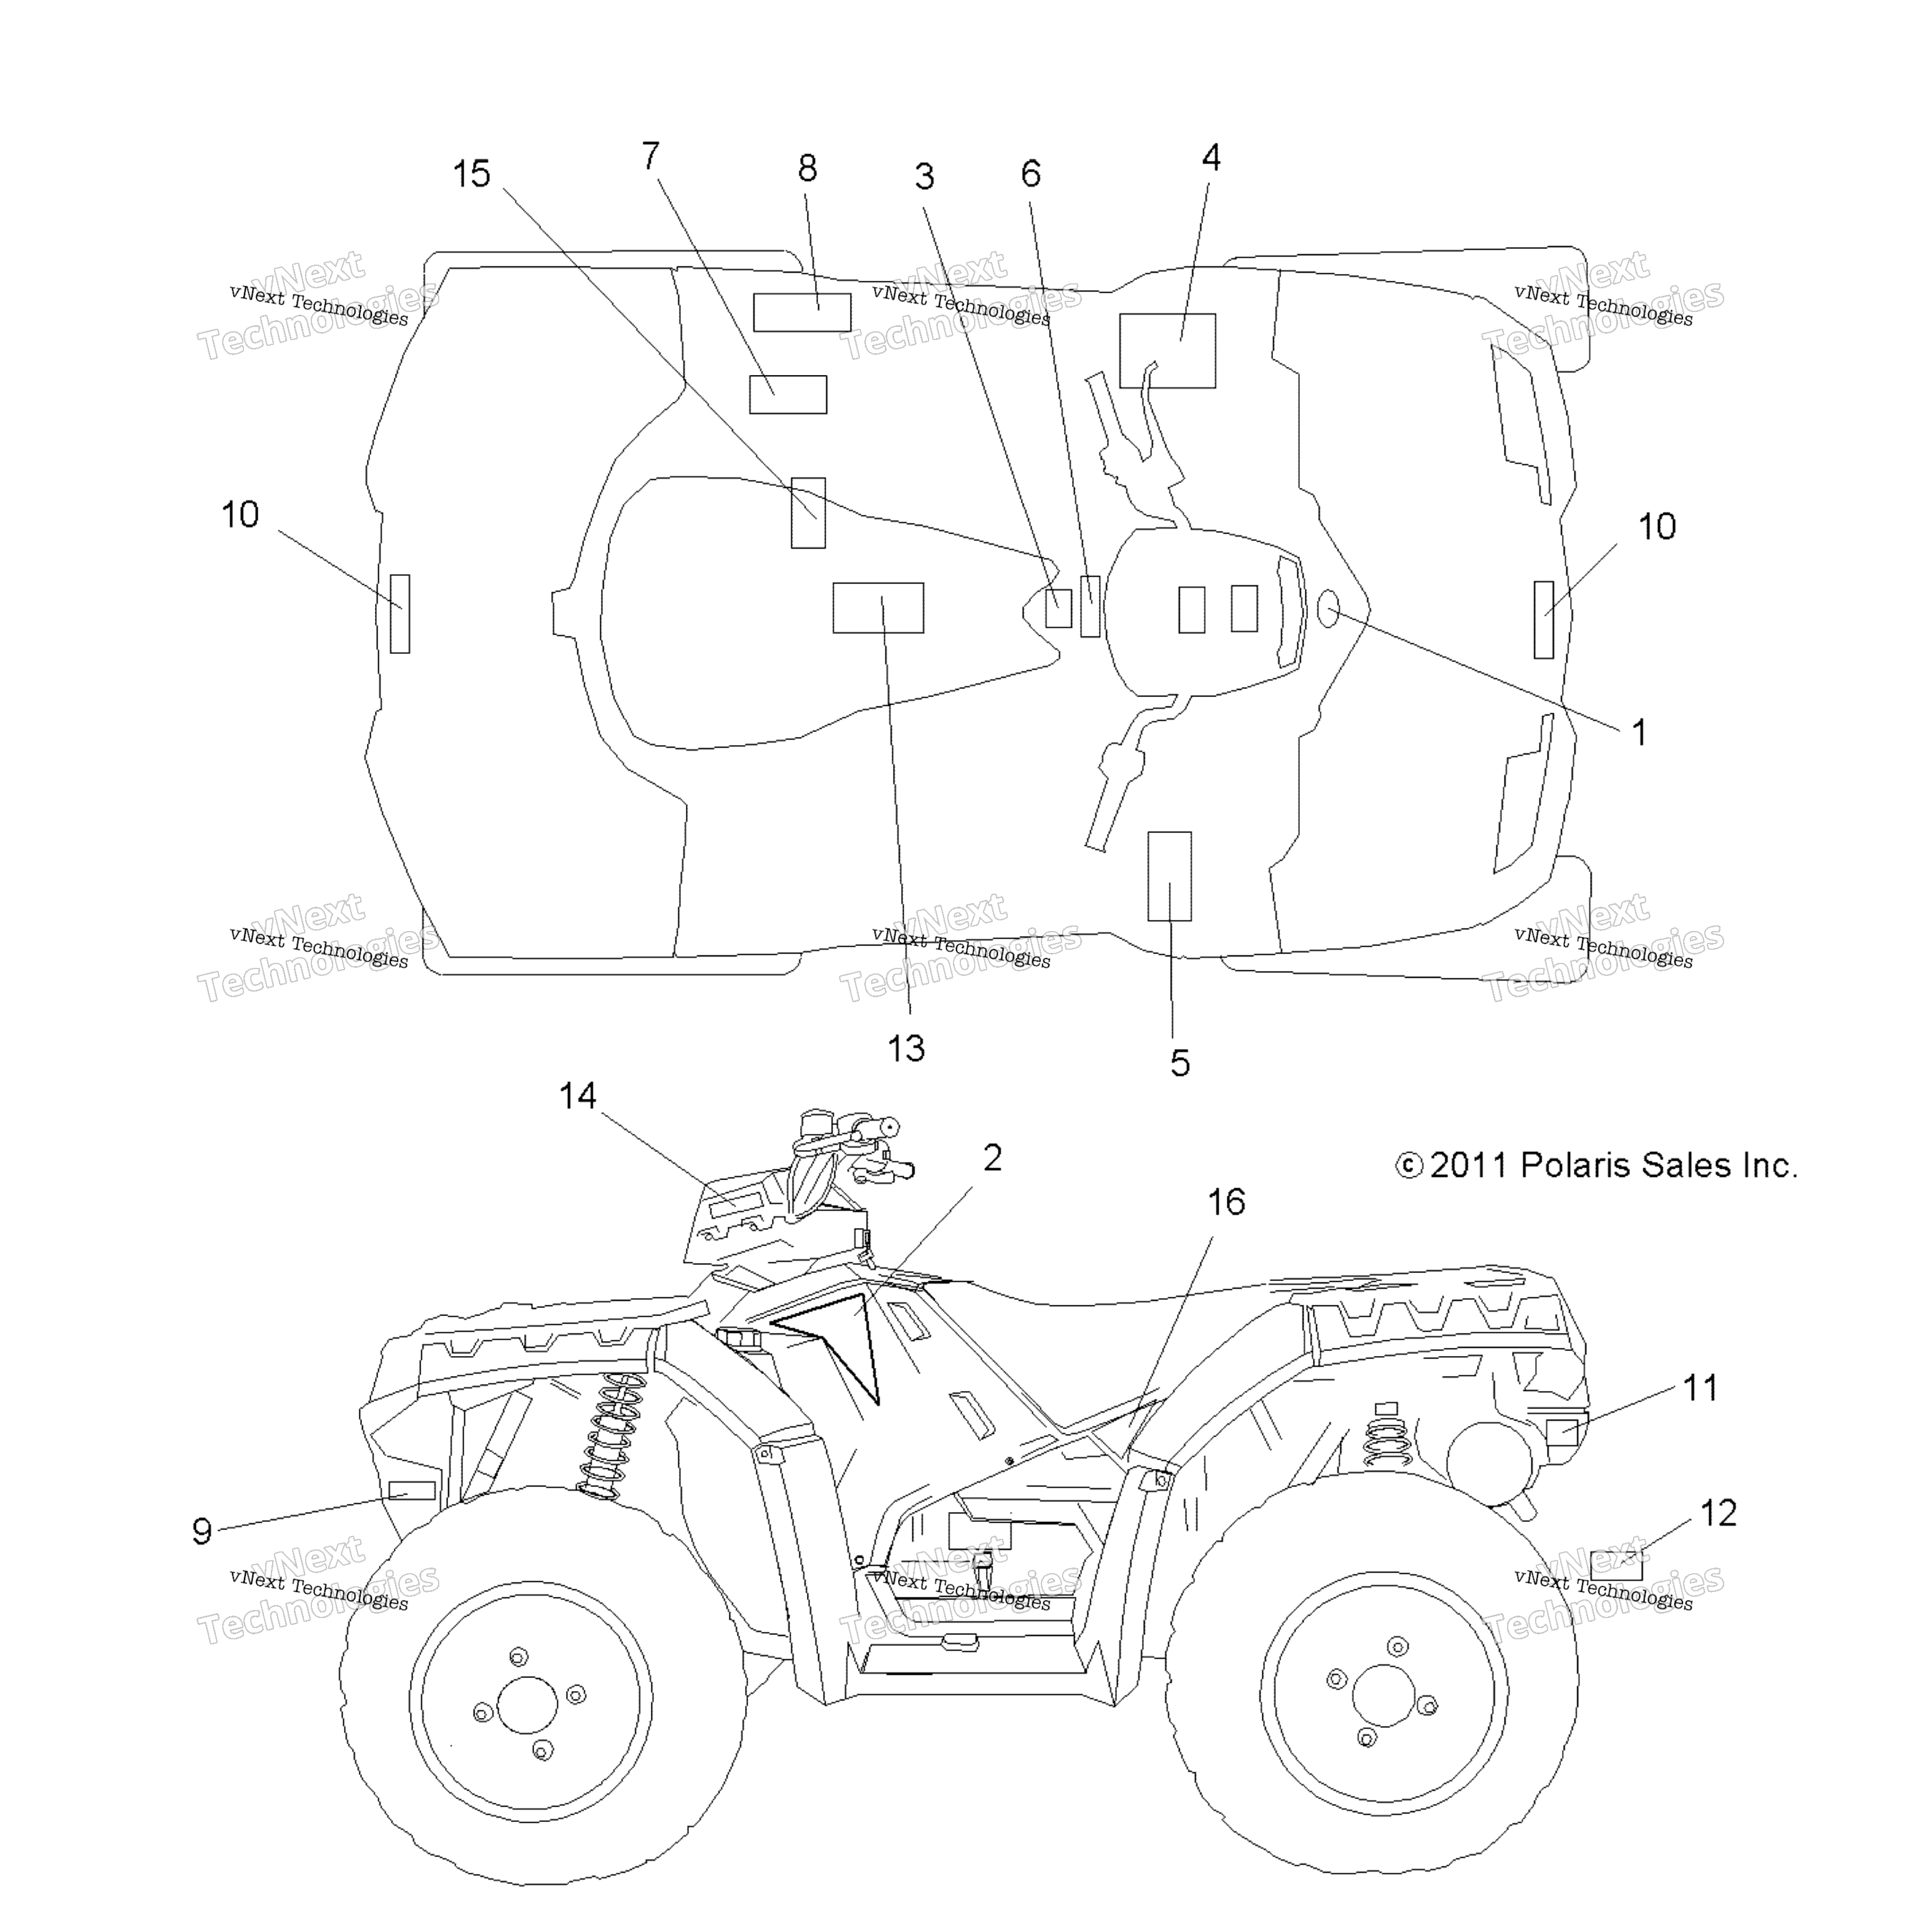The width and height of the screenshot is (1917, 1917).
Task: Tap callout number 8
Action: pos(807,168)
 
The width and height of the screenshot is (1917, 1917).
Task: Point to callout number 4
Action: pos(1211,157)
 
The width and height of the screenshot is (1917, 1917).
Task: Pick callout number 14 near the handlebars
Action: pos(577,1095)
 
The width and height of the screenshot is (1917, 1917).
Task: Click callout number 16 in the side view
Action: pos(1226,1202)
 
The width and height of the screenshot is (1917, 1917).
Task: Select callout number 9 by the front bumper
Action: pos(202,1531)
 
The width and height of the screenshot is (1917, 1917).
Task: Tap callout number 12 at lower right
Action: pos(1719,1513)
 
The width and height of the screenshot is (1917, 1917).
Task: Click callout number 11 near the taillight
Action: pos(1700,1387)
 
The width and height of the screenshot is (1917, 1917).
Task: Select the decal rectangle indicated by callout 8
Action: pos(802,313)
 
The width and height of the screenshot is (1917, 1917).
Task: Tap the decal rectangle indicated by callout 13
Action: pos(878,607)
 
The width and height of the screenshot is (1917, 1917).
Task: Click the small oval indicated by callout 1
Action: pos(1328,608)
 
